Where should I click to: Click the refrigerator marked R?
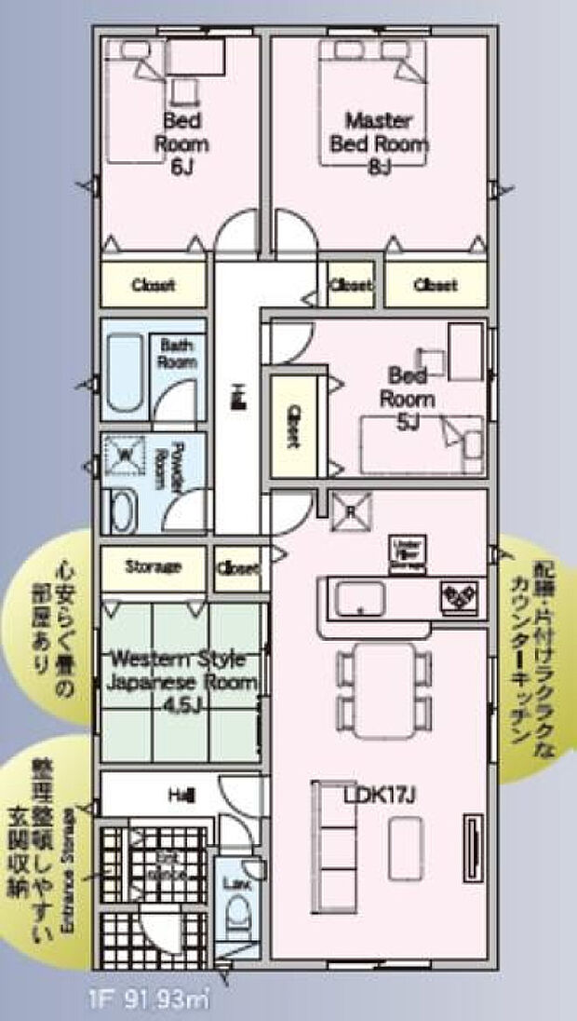(x=350, y=510)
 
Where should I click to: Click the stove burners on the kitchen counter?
(x=460, y=593)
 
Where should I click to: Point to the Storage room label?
(x=153, y=565)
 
